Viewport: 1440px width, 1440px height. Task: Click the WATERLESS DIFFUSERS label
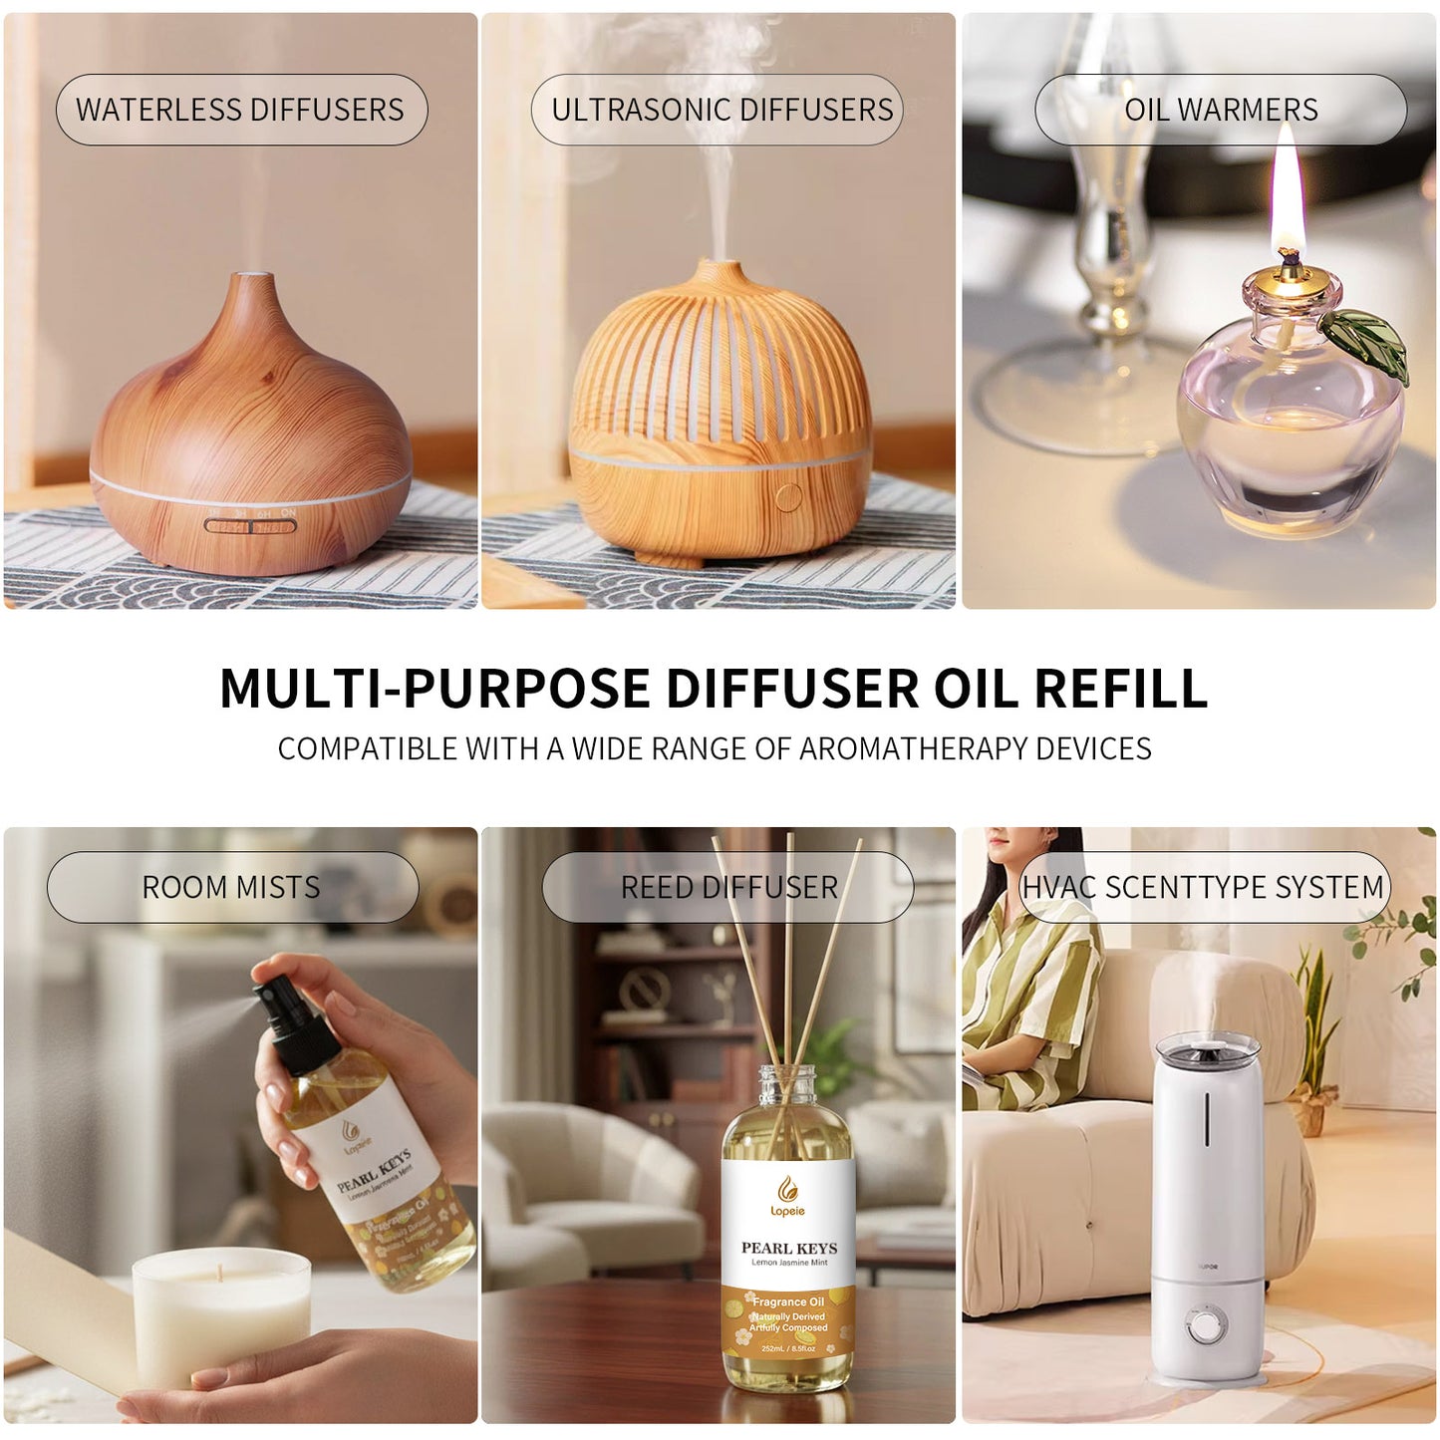[240, 110]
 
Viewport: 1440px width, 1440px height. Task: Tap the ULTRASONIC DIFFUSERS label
[721, 110]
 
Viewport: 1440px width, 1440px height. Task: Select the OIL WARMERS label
[1221, 110]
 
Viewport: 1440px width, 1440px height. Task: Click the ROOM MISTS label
[231, 887]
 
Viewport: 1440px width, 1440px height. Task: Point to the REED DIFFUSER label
[728, 887]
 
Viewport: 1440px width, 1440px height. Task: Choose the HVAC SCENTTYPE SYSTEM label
[1203, 887]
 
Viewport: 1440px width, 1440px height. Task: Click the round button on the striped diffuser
[788, 496]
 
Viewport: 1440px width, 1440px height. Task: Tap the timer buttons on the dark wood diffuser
[250, 524]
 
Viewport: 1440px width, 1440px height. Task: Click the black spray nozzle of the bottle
[290, 1016]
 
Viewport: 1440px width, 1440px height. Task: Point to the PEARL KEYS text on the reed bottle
[788, 1248]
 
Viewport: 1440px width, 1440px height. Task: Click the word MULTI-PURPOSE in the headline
[434, 689]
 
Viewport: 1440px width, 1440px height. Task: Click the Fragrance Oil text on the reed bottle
[788, 1301]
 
